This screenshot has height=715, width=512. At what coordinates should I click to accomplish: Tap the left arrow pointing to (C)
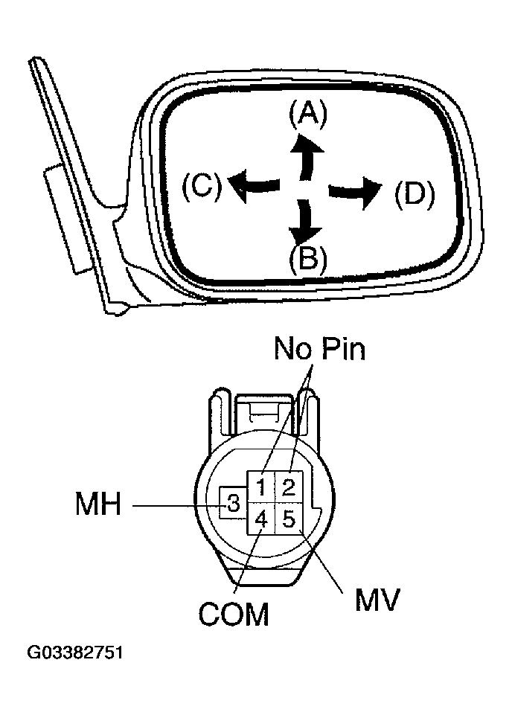tap(254, 184)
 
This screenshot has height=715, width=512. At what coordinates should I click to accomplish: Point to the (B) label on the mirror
tap(308, 258)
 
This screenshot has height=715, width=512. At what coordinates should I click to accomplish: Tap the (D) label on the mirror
tap(414, 193)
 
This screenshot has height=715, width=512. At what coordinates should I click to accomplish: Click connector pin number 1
tap(262, 488)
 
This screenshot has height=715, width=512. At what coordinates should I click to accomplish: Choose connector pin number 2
tap(289, 488)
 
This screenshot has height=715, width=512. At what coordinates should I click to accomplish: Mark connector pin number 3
tap(233, 505)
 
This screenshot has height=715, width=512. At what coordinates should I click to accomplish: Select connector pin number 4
tap(261, 518)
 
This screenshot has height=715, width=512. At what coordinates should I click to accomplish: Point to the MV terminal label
tap(377, 599)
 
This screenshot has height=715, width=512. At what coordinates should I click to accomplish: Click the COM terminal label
tap(233, 615)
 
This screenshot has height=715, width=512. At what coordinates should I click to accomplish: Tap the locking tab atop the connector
tap(264, 408)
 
